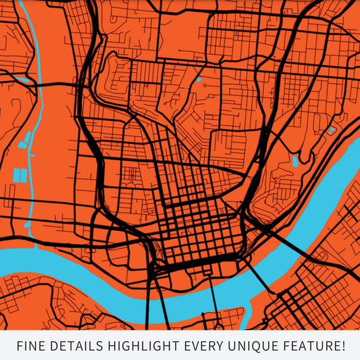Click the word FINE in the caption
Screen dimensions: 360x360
point(29,346)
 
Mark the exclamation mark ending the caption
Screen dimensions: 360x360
point(342,346)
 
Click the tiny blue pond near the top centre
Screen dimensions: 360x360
point(200,86)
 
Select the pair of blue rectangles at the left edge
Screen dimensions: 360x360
point(20,175)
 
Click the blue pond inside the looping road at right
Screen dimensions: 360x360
point(294,161)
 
